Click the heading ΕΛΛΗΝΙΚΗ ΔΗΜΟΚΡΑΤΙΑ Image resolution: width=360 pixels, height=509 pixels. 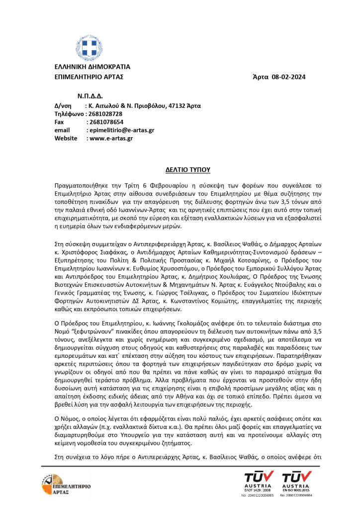[x=92, y=67]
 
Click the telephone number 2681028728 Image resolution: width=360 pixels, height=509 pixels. [x=105, y=114]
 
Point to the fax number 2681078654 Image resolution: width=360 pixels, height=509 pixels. [x=105, y=122]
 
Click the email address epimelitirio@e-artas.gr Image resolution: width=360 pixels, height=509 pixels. [x=121, y=130]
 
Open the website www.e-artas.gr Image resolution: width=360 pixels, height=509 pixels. [x=110, y=138]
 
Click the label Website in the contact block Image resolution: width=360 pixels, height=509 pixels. [x=66, y=138]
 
